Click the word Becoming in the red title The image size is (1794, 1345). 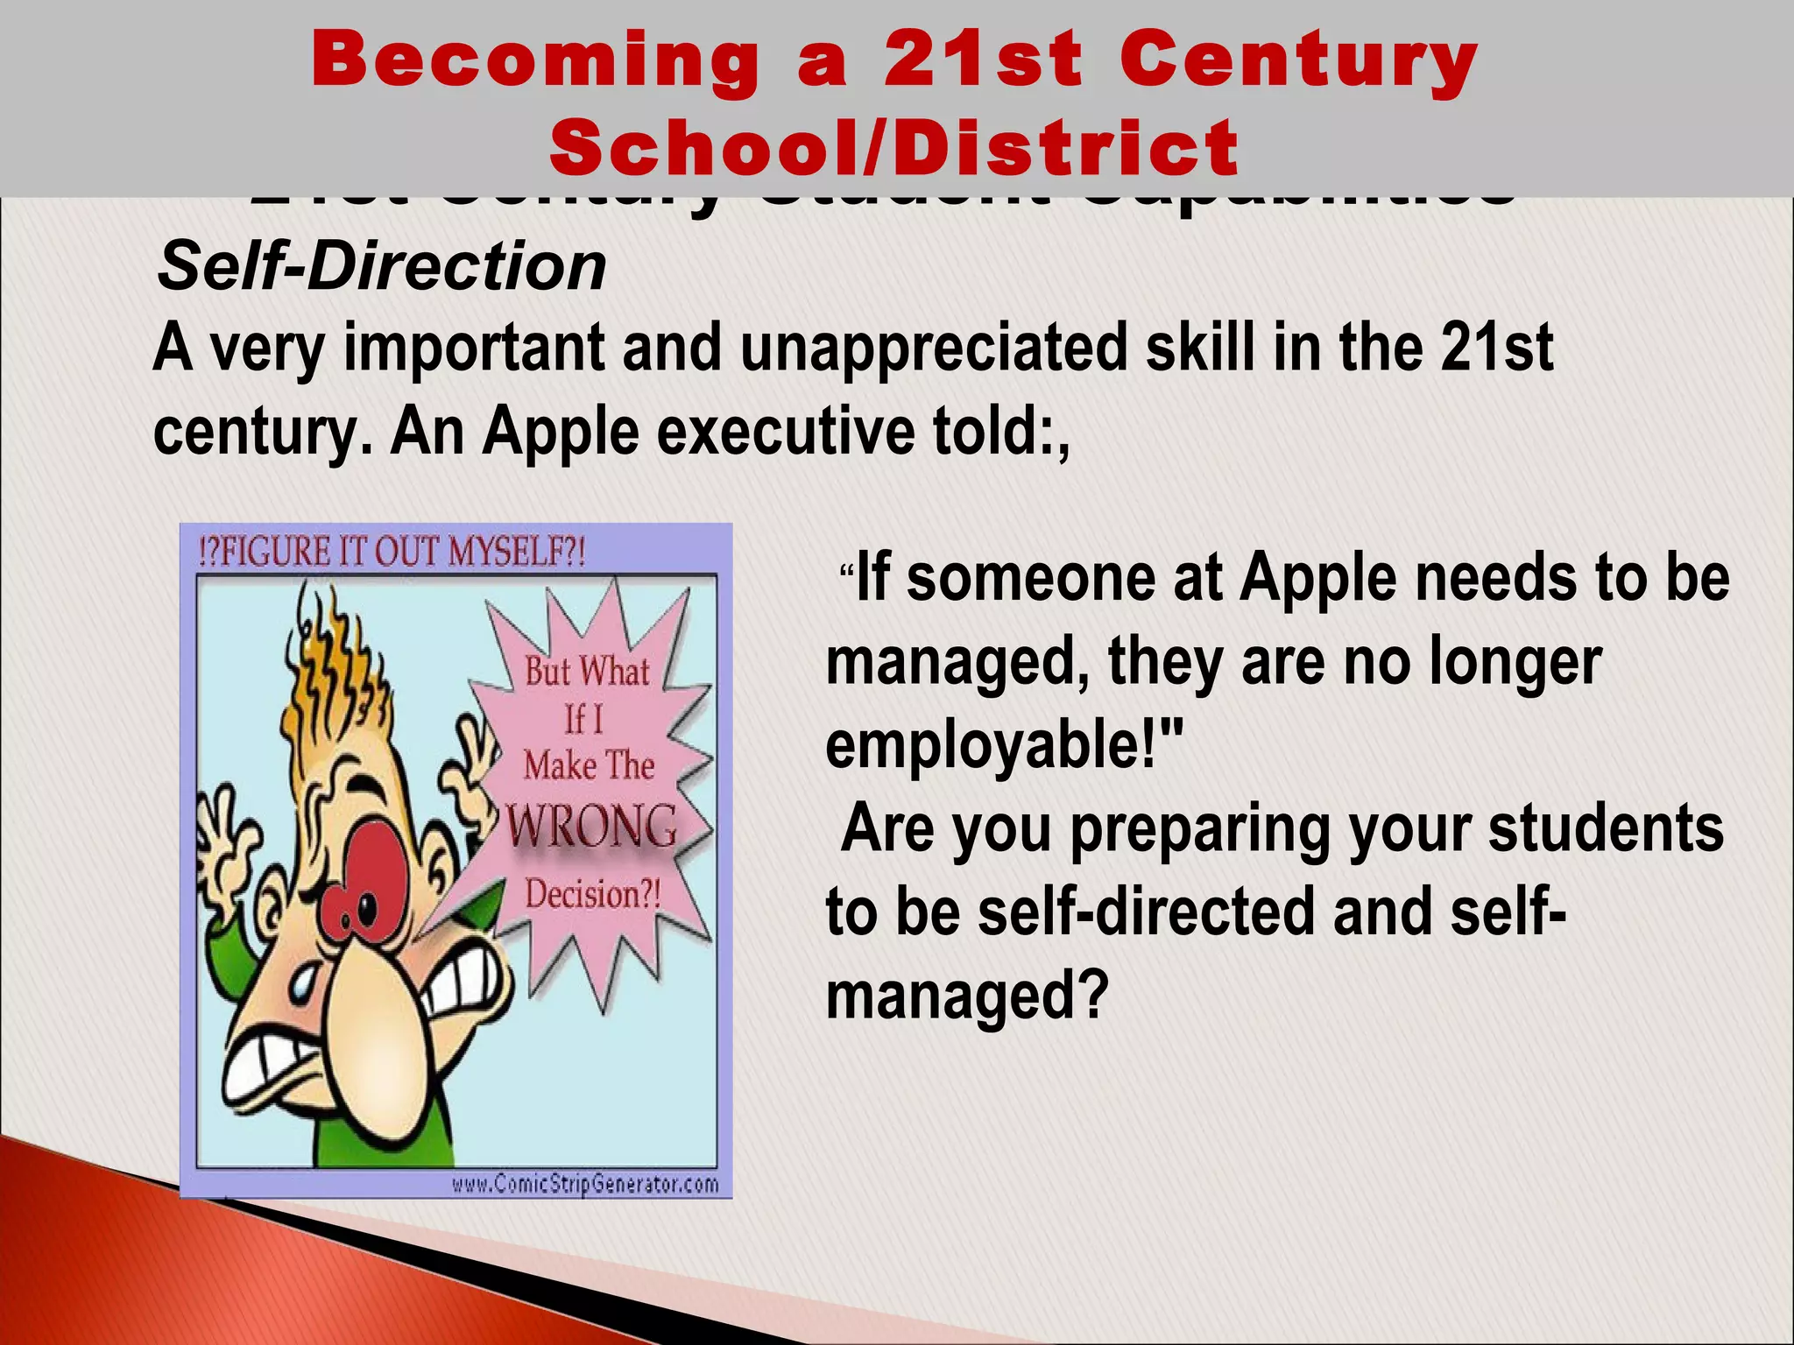(535, 60)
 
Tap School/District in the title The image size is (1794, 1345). (894, 147)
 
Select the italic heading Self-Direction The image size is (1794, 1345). (382, 266)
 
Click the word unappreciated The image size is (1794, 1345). (933, 349)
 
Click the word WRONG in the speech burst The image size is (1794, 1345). (592, 826)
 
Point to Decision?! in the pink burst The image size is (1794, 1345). (592, 894)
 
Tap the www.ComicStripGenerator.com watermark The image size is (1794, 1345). (584, 1185)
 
